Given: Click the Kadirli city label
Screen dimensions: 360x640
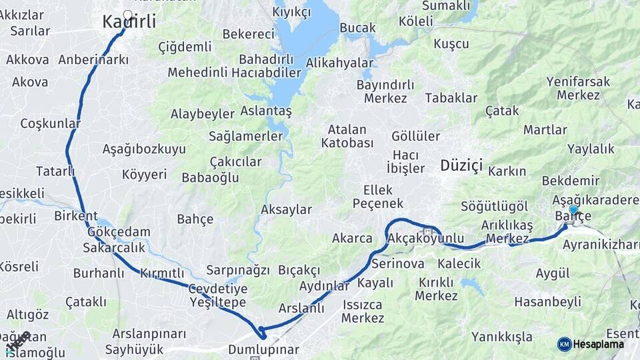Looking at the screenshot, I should coord(129,22).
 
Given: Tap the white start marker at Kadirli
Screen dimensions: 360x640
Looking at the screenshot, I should coord(127,14).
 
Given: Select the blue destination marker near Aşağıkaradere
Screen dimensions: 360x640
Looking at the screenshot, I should coord(573,210).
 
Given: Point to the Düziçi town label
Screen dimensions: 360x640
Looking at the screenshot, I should coord(461,166).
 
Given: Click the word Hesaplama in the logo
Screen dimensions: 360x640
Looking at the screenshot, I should coord(599,345).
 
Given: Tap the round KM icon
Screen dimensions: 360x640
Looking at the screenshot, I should coord(564,344).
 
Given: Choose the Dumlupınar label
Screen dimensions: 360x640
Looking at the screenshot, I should coord(263,349).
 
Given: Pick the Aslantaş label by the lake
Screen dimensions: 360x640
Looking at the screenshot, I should coord(266,111).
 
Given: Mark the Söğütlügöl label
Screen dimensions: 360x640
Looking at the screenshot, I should coord(495,206).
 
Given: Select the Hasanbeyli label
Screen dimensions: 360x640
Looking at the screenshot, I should coord(548,301).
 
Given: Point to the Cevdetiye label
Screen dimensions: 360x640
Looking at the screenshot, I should coord(218,289).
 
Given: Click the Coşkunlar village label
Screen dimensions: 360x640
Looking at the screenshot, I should coord(50,123).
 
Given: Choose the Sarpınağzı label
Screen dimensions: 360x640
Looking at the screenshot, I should coord(238,270).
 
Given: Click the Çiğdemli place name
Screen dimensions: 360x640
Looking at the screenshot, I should coord(185,47).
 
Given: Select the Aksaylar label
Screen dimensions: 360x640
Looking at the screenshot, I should coord(286,209).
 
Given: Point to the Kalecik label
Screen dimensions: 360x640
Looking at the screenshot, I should coord(459,263).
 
